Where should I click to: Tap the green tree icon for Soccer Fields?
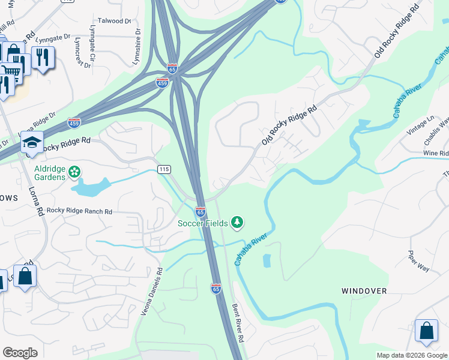coord(238,223)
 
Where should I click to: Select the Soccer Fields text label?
coord(202,224)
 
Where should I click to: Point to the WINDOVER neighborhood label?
coord(364,291)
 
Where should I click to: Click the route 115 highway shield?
coord(164,170)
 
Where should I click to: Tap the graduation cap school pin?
coord(32,142)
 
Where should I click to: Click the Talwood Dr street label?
coord(113,21)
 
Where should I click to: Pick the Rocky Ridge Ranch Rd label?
coord(80,211)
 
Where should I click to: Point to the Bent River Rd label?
coord(238,323)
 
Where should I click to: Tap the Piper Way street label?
coord(418,261)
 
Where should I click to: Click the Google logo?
coord(20,352)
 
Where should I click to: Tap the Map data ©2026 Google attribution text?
coord(411,355)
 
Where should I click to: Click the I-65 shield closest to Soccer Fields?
coord(200,212)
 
